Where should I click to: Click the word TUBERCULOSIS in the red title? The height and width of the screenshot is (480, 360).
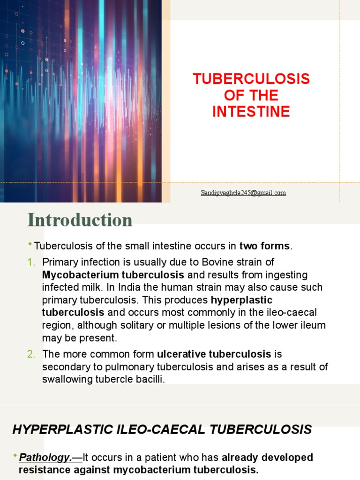click(251, 79)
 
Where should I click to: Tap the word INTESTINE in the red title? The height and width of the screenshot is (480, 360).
click(251, 112)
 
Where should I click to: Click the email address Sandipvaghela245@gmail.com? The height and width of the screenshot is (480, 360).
click(243, 193)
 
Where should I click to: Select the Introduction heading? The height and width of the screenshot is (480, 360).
click(80, 220)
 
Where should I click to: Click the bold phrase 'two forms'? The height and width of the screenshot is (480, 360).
click(265, 247)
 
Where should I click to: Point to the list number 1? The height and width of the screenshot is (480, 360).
click(30, 262)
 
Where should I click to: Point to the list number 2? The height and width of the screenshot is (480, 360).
click(31, 354)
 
